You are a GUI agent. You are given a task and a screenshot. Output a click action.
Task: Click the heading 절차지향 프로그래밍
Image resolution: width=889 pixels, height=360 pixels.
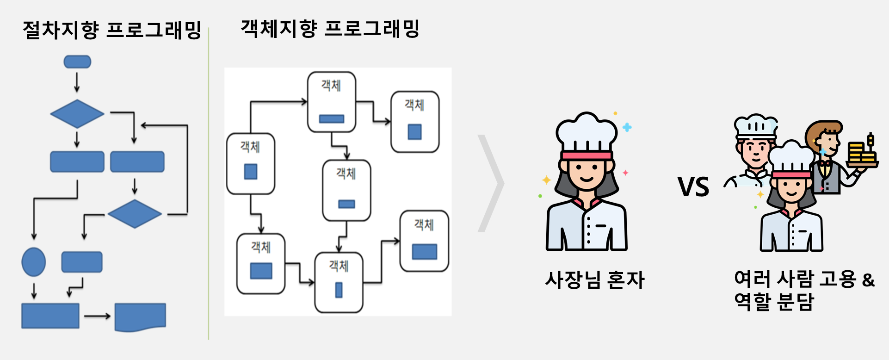click(x=112, y=30)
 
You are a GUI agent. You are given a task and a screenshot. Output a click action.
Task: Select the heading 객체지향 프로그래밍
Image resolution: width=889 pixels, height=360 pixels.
click(x=330, y=28)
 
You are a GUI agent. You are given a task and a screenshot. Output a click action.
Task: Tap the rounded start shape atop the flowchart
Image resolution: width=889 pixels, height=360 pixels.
click(x=77, y=62)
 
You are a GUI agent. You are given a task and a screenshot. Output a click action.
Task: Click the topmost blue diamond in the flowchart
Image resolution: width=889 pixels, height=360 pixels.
click(x=77, y=113)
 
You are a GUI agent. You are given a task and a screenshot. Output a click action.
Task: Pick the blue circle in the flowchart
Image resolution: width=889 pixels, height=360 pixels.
click(x=34, y=262)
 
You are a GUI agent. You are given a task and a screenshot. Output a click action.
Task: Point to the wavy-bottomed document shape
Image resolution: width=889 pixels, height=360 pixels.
click(x=140, y=317)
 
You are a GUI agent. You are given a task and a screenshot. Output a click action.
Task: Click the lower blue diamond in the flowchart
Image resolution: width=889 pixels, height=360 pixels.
click(x=135, y=214)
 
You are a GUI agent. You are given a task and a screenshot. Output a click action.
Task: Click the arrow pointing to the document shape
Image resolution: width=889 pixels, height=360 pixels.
click(x=97, y=316)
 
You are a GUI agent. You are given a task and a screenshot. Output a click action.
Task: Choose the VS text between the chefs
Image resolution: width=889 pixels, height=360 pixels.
click(x=693, y=187)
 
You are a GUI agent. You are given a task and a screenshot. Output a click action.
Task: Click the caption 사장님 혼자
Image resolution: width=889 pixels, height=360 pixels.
click(x=595, y=280)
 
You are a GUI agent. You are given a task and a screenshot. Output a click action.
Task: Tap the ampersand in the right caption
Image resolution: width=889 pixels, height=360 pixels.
click(x=868, y=280)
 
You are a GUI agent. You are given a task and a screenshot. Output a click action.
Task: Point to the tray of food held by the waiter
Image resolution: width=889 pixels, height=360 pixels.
click(x=862, y=151)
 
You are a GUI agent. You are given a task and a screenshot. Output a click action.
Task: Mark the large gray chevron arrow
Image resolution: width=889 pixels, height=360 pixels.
click(x=491, y=183)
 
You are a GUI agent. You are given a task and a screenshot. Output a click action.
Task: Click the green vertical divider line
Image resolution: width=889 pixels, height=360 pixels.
click(x=209, y=184)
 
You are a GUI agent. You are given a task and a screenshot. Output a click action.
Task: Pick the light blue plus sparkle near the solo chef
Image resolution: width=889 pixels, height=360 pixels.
click(x=627, y=127)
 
